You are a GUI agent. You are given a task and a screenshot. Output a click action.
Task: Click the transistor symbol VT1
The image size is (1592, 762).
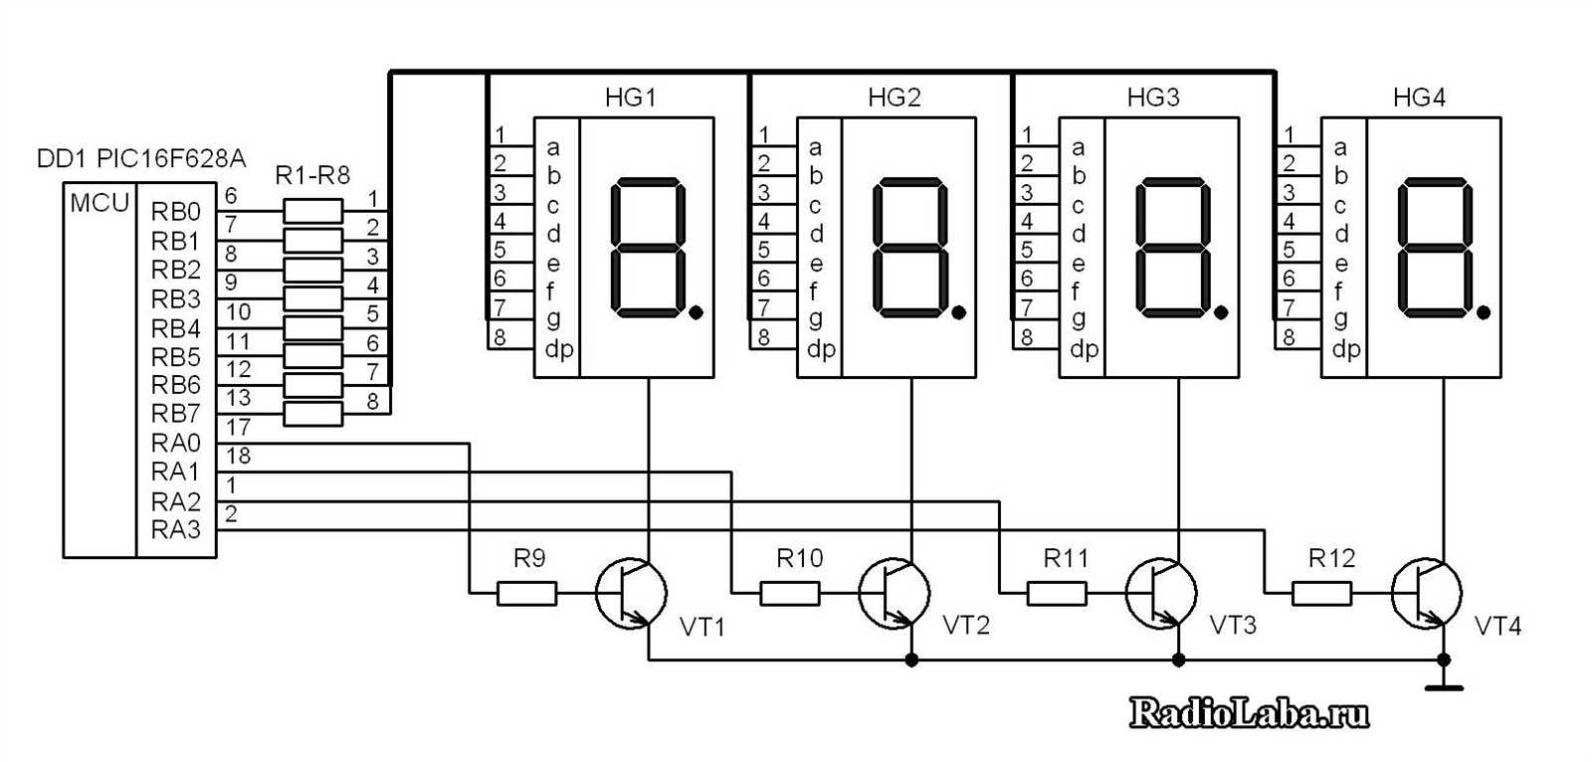[x=631, y=594]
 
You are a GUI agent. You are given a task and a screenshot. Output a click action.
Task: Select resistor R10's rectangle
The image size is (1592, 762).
[x=790, y=594]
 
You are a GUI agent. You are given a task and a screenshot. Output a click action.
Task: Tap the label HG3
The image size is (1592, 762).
[x=1153, y=97]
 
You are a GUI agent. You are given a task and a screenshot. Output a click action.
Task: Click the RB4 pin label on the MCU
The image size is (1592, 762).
[x=176, y=328]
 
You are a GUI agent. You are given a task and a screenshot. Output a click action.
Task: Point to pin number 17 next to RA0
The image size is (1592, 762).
[x=238, y=427]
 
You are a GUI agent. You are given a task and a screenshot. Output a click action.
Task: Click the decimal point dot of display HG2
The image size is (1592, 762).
[x=958, y=313]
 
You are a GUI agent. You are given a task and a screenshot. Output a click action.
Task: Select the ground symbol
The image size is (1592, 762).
[x=1444, y=685]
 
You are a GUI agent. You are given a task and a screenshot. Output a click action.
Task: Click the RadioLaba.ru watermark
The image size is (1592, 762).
[x=1250, y=712]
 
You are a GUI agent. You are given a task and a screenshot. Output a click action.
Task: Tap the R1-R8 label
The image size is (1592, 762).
[x=312, y=176]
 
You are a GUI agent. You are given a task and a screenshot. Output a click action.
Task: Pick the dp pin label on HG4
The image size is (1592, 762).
[x=1345, y=349]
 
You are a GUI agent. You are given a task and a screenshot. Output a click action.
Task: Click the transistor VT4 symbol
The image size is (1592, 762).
[x=1426, y=594]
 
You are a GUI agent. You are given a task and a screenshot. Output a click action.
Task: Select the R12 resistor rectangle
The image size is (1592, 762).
[x=1322, y=594]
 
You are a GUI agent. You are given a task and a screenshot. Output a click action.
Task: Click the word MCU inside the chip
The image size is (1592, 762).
[x=99, y=203]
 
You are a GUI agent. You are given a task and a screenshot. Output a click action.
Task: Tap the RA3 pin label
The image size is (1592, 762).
[x=176, y=530]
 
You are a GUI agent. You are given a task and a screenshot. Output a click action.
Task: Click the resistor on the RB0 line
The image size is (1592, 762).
[x=313, y=211]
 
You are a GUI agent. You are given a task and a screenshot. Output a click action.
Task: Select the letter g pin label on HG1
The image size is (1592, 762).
[x=553, y=318]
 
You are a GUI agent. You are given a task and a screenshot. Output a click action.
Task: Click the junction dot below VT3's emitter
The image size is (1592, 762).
[x=1178, y=660]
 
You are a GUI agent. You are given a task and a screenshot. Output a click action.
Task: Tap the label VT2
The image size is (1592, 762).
[x=966, y=626]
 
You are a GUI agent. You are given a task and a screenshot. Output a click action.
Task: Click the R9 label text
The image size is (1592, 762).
[x=529, y=559]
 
